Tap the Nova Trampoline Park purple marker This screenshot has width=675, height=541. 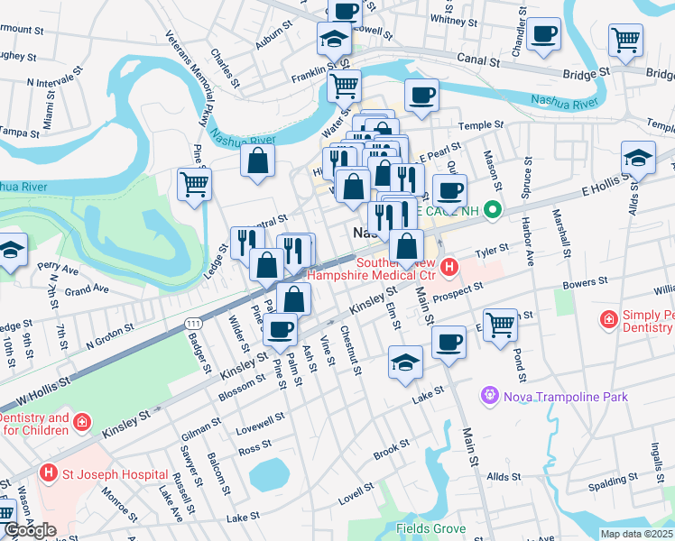[x=490, y=394]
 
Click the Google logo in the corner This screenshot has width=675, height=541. [x=30, y=530]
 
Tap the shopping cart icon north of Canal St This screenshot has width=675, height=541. [x=625, y=39]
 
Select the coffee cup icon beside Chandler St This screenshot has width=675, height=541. [x=543, y=35]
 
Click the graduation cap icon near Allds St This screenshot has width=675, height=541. [x=638, y=157]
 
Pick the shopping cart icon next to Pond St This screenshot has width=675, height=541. [x=500, y=324]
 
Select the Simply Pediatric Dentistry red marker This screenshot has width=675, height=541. [x=609, y=320]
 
